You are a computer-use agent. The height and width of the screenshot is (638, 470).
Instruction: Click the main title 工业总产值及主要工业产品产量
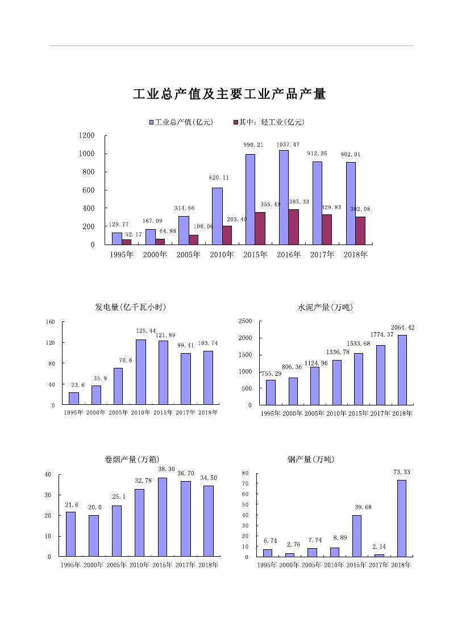coord(229,94)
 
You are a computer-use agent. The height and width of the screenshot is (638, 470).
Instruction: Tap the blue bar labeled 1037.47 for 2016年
coord(284,197)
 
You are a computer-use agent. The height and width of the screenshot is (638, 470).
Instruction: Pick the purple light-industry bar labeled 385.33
coord(293,227)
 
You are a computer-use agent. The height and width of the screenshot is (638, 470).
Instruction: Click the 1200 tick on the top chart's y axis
coord(87,135)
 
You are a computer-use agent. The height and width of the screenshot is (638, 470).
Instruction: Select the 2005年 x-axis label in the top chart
coord(188,255)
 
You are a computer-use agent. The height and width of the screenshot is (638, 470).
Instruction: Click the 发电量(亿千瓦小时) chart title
coord(130,307)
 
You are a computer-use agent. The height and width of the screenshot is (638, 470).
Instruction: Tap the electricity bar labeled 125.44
coord(141,372)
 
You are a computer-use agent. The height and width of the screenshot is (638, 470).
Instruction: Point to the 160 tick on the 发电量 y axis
coord(50,322)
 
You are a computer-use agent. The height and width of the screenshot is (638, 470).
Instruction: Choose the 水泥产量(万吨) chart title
coord(325,307)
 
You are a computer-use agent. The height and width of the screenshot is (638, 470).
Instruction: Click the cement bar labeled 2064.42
coord(402,370)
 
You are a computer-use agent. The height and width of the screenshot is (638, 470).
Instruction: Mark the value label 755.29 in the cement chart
coord(271,374)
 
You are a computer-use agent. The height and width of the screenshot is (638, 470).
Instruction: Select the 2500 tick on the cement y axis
coord(245,321)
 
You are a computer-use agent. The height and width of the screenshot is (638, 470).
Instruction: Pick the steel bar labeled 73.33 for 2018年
coord(401,518)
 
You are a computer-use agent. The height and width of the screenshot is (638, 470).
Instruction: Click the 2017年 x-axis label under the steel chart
coord(379,565)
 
